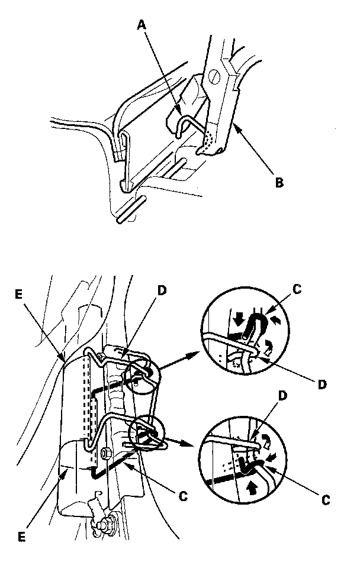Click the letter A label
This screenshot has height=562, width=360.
(141, 25)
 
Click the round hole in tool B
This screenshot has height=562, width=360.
(215, 76)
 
